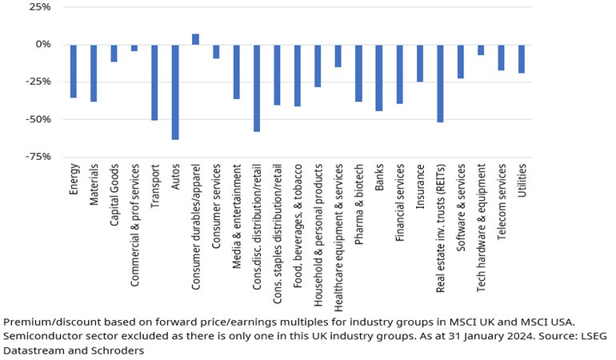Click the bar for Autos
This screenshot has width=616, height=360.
tap(175, 91)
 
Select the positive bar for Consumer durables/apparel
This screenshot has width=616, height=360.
tap(195, 39)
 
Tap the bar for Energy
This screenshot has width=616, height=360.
tap(73, 70)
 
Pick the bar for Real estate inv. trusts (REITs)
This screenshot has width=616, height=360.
tap(440, 82)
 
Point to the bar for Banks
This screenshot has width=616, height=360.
tap(379, 77)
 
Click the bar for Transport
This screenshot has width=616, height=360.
tap(154, 82)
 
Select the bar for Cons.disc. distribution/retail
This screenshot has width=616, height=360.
tap(257, 87)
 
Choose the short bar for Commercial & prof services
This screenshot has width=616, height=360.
tap(134, 47)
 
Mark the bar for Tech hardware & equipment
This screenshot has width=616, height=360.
tap(481, 50)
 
